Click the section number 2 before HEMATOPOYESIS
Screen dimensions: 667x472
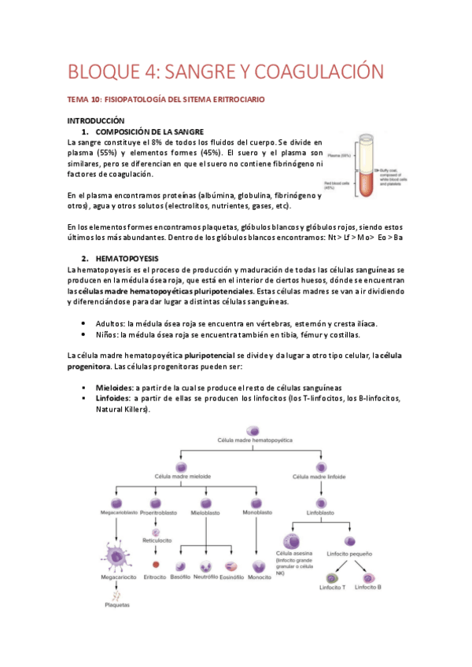(x=84, y=258)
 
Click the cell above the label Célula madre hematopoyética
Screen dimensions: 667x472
(x=253, y=430)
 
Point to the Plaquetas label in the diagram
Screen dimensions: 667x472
(x=117, y=605)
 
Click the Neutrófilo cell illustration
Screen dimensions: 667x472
(x=205, y=566)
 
